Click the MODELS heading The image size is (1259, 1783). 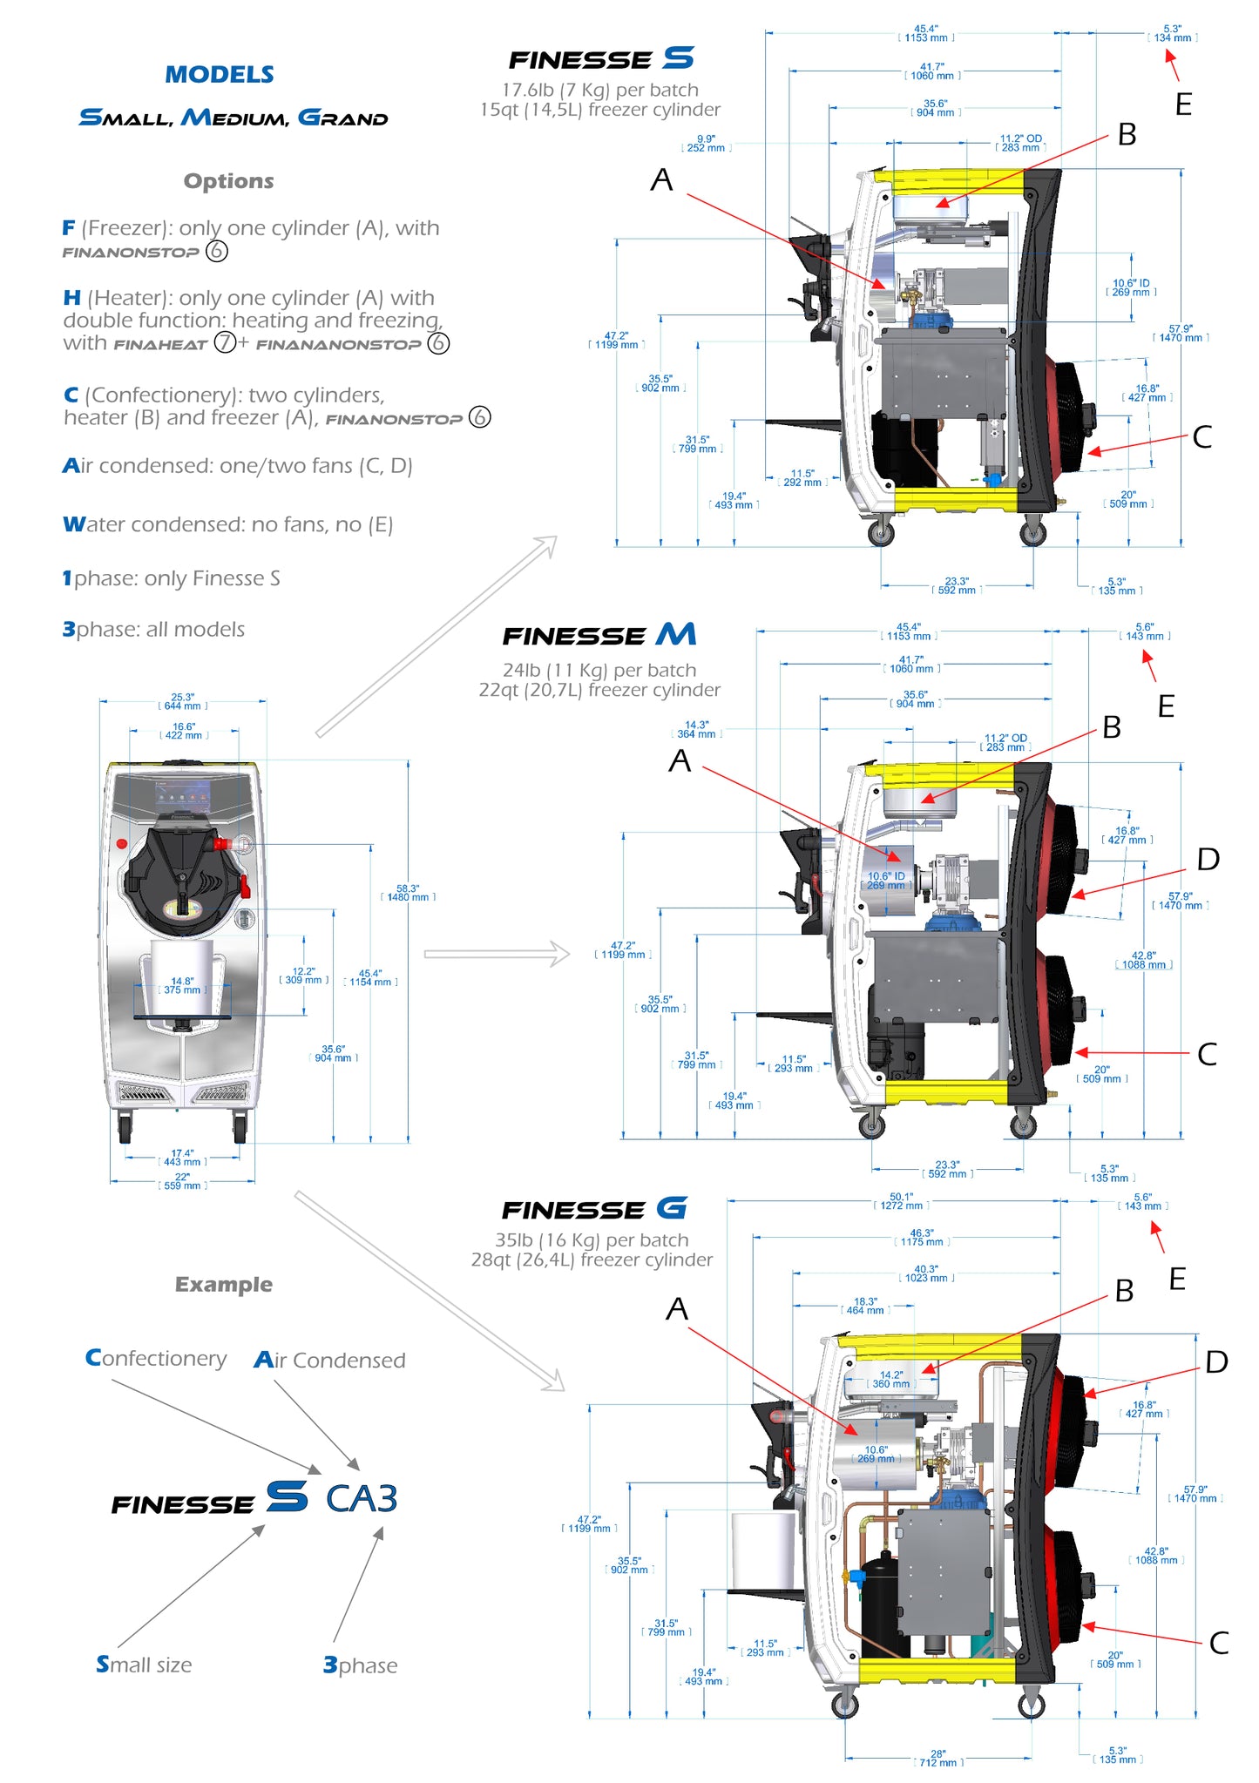point(220,75)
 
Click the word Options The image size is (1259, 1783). point(228,181)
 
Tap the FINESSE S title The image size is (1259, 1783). point(601,59)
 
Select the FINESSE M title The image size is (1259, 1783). point(599,635)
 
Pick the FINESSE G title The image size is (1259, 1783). point(594,1209)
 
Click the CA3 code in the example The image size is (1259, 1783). point(362,1499)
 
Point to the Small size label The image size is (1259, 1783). point(144,1665)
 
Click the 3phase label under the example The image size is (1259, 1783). point(360,1665)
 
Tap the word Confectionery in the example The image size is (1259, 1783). point(156,1359)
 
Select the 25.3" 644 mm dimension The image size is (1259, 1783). point(183,702)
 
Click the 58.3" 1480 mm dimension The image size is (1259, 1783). point(408,893)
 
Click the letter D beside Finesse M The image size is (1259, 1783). point(1208,860)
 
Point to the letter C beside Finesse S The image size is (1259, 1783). point(1202,437)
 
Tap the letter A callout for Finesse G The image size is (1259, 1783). point(677,1309)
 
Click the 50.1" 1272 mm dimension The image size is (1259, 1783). point(901,1201)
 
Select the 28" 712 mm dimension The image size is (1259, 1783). point(938,1759)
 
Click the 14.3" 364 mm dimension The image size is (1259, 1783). point(696,730)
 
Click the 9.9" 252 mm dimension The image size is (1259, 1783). point(706,144)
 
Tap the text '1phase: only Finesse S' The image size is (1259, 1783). point(171,579)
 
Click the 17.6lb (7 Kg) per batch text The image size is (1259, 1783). point(600,90)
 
